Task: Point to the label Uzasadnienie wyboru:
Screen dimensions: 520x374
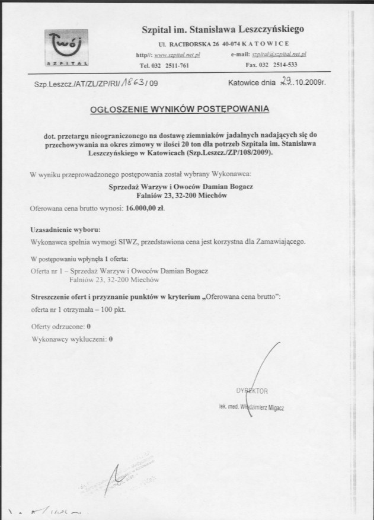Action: click(x=65, y=229)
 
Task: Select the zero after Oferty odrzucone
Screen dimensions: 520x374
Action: click(x=88, y=327)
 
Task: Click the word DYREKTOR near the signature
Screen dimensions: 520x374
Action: click(x=252, y=391)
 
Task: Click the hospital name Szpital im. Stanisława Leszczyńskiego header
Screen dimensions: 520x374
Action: click(x=222, y=28)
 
